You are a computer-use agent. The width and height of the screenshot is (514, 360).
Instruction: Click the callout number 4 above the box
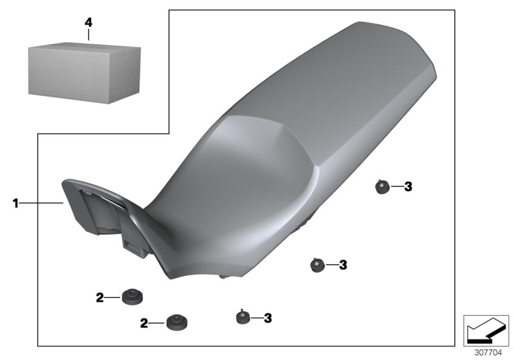coord(89,22)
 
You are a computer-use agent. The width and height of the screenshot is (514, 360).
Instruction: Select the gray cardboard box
coord(84,71)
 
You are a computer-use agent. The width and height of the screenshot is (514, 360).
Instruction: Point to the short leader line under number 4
coord(89,35)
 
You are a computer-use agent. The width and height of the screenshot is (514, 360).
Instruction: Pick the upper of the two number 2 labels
coord(100,297)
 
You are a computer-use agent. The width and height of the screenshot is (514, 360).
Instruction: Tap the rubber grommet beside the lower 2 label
coord(175,321)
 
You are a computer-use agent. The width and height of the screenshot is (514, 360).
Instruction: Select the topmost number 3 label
coord(407,187)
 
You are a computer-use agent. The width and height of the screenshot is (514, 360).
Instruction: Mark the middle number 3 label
coord(342,264)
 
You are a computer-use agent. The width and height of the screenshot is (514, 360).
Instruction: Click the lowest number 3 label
coord(268,318)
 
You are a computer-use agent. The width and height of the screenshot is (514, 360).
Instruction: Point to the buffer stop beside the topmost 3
coord(382,187)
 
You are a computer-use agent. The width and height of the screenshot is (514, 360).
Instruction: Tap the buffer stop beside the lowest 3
coord(243,317)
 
